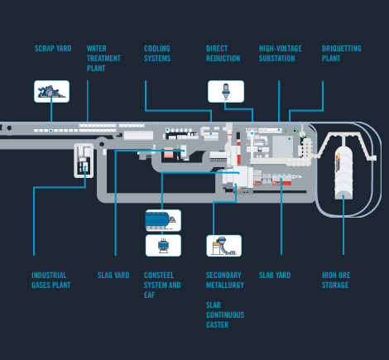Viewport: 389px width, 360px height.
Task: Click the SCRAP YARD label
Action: [53, 49]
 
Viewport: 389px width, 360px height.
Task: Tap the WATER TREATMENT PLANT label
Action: [103, 59]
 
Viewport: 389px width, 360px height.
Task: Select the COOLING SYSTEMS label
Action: [157, 54]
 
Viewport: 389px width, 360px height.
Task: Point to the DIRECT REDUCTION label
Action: [223, 54]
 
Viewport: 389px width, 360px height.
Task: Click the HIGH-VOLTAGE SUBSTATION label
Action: [281, 54]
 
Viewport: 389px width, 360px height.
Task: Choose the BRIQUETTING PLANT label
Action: [342, 54]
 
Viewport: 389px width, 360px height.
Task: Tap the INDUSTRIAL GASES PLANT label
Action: [51, 280]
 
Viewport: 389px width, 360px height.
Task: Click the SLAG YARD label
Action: [113, 276]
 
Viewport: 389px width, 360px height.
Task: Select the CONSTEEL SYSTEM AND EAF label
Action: [162, 285]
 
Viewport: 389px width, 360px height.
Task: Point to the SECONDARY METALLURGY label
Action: [225, 280]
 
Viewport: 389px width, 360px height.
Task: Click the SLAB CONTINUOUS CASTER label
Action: [225, 314]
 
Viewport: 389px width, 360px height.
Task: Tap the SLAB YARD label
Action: [275, 276]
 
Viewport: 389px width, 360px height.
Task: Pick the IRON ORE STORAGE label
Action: [336, 280]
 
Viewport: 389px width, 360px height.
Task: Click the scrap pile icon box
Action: [51, 91]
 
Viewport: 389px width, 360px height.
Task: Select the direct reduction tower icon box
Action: [226, 91]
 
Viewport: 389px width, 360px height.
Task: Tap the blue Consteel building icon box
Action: [163, 220]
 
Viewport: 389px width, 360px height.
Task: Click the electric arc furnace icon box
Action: [163, 246]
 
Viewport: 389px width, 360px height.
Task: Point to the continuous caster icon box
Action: [224, 246]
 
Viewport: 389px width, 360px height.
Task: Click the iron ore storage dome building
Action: [343, 172]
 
